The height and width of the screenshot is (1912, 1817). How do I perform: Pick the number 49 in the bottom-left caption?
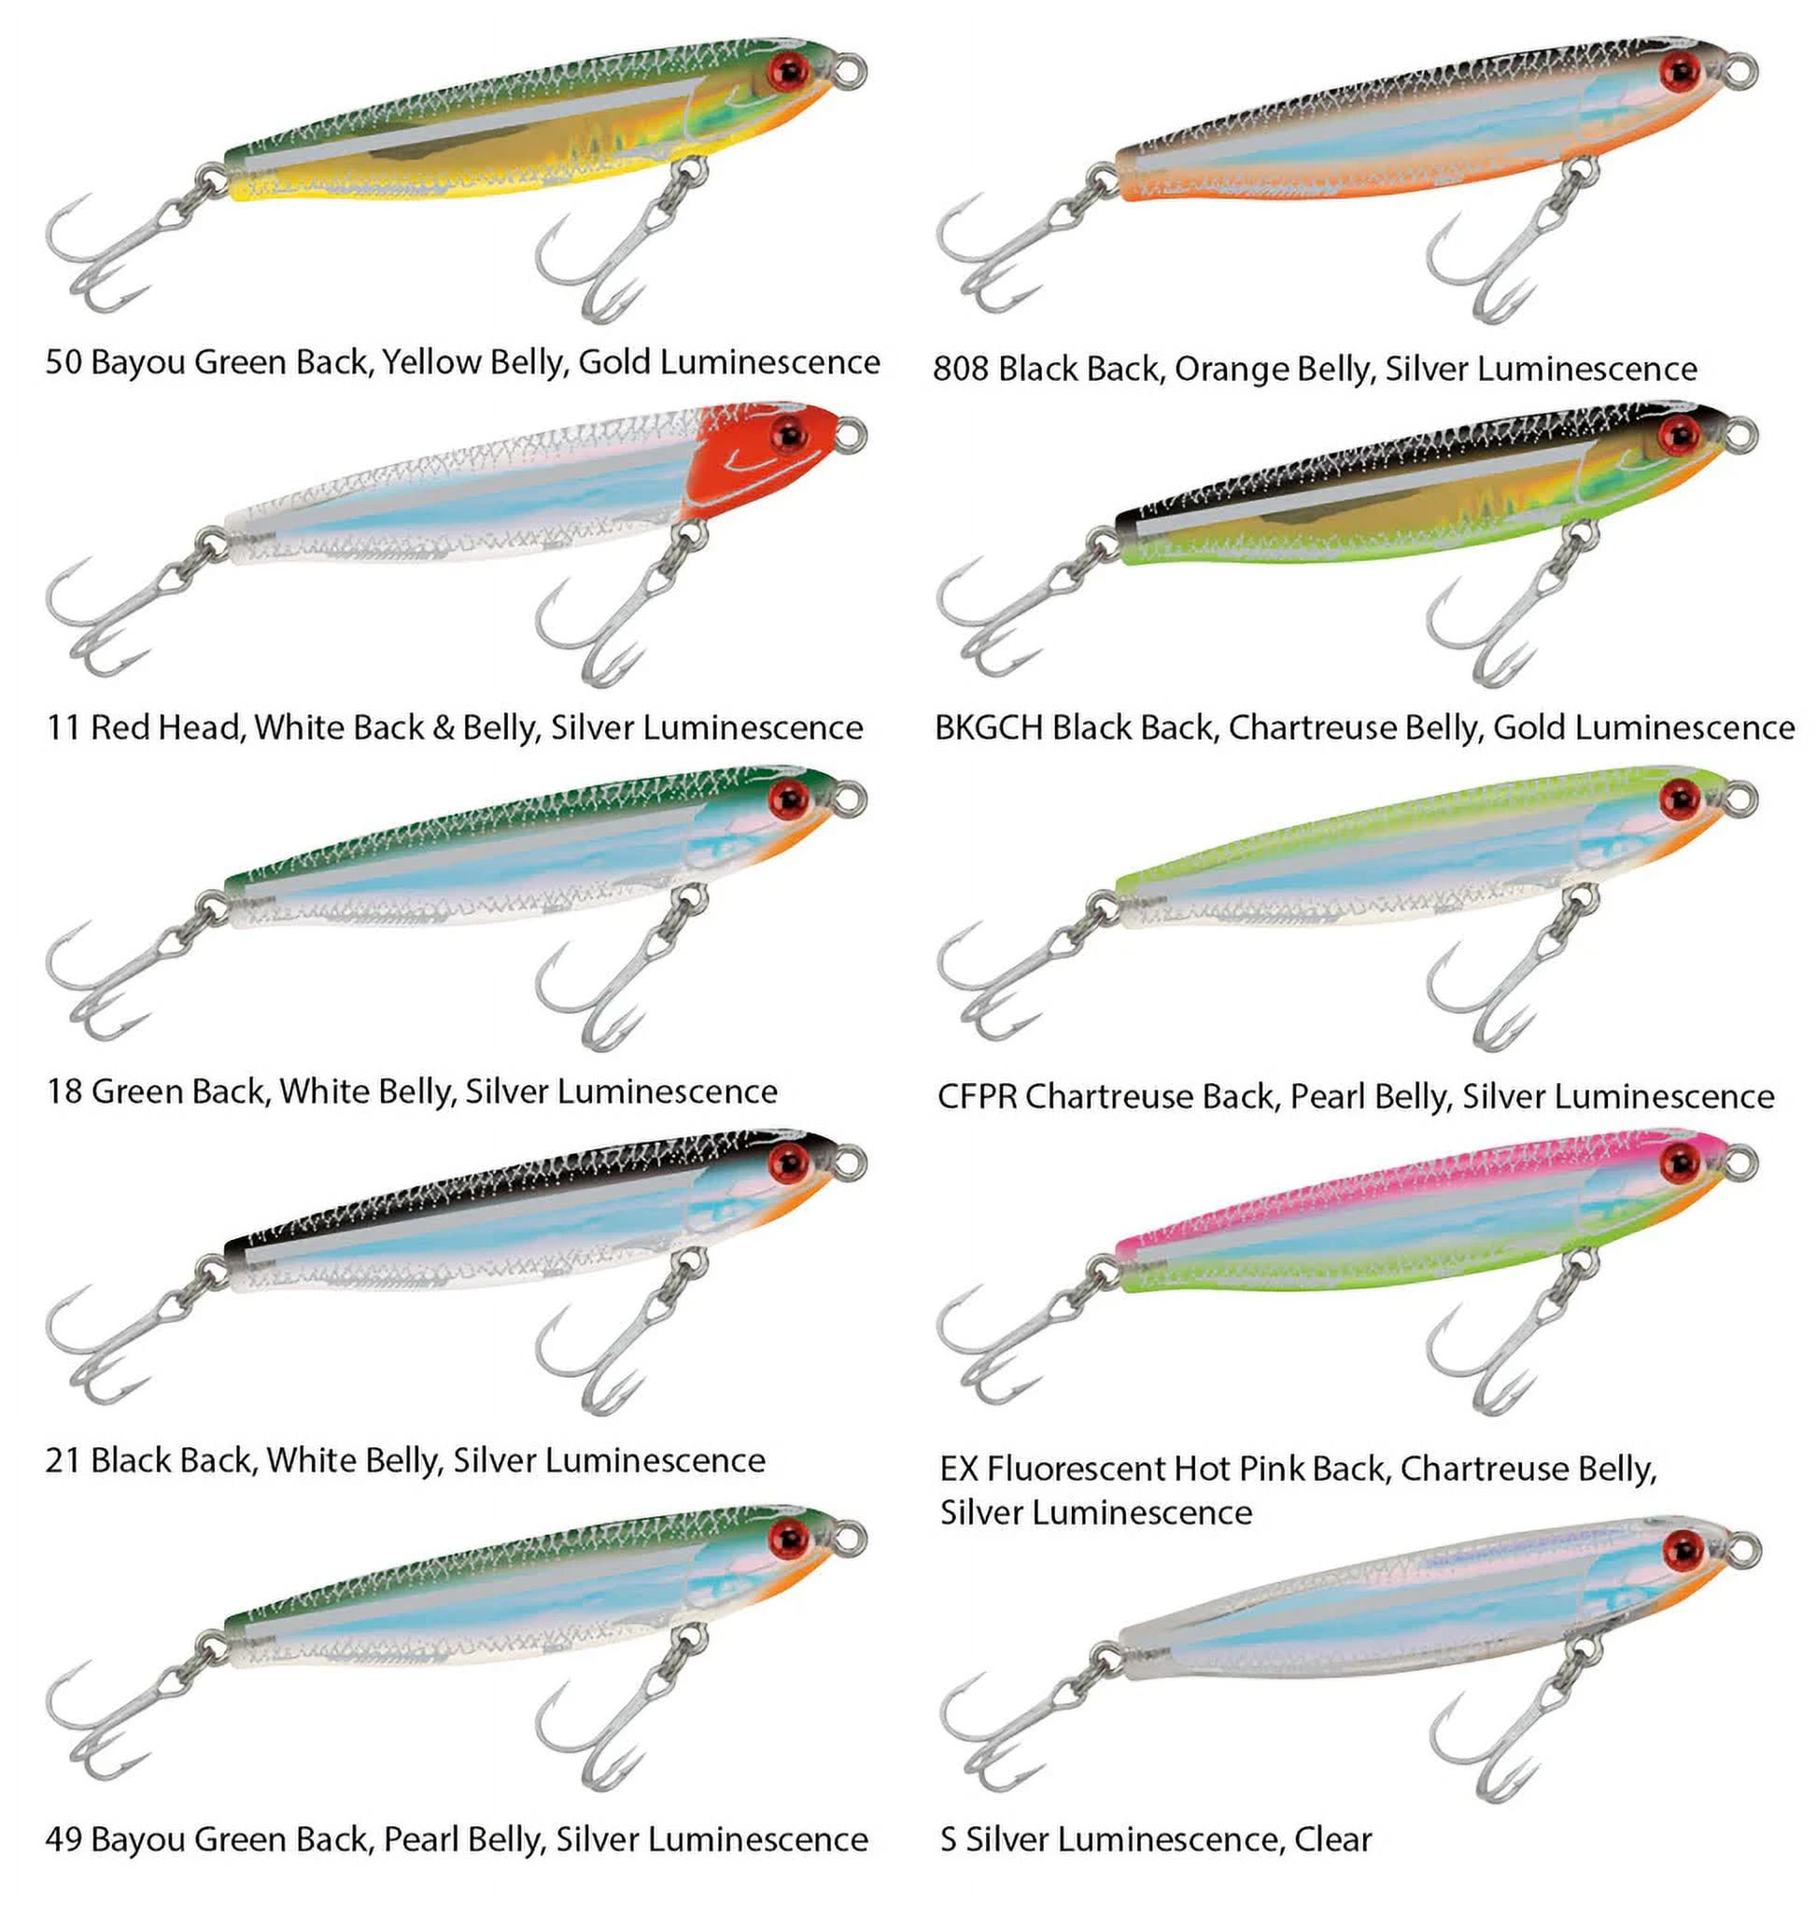[x=63, y=1839]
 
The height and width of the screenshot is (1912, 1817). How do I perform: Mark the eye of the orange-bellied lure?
[x=1681, y=70]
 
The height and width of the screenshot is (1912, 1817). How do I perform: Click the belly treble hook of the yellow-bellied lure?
[x=620, y=240]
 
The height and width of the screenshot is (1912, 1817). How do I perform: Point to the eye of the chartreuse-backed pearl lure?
[x=1681, y=798]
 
